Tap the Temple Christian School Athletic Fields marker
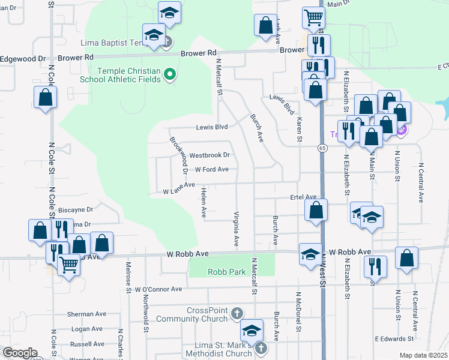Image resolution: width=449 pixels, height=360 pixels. click(170, 75)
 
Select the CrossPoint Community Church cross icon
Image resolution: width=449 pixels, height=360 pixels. click(238, 313)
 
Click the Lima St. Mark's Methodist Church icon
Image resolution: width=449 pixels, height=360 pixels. click(261, 347)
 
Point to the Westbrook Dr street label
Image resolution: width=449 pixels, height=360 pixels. click(209, 155)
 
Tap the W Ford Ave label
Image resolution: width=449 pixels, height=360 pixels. click(211, 170)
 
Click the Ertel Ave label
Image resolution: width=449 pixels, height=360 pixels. click(303, 197)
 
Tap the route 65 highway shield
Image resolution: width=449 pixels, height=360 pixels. click(322, 148)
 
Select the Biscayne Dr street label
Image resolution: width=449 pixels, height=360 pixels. click(76, 210)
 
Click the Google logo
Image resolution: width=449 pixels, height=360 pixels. click(20, 353)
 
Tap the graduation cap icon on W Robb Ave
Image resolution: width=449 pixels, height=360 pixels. click(310, 254)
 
